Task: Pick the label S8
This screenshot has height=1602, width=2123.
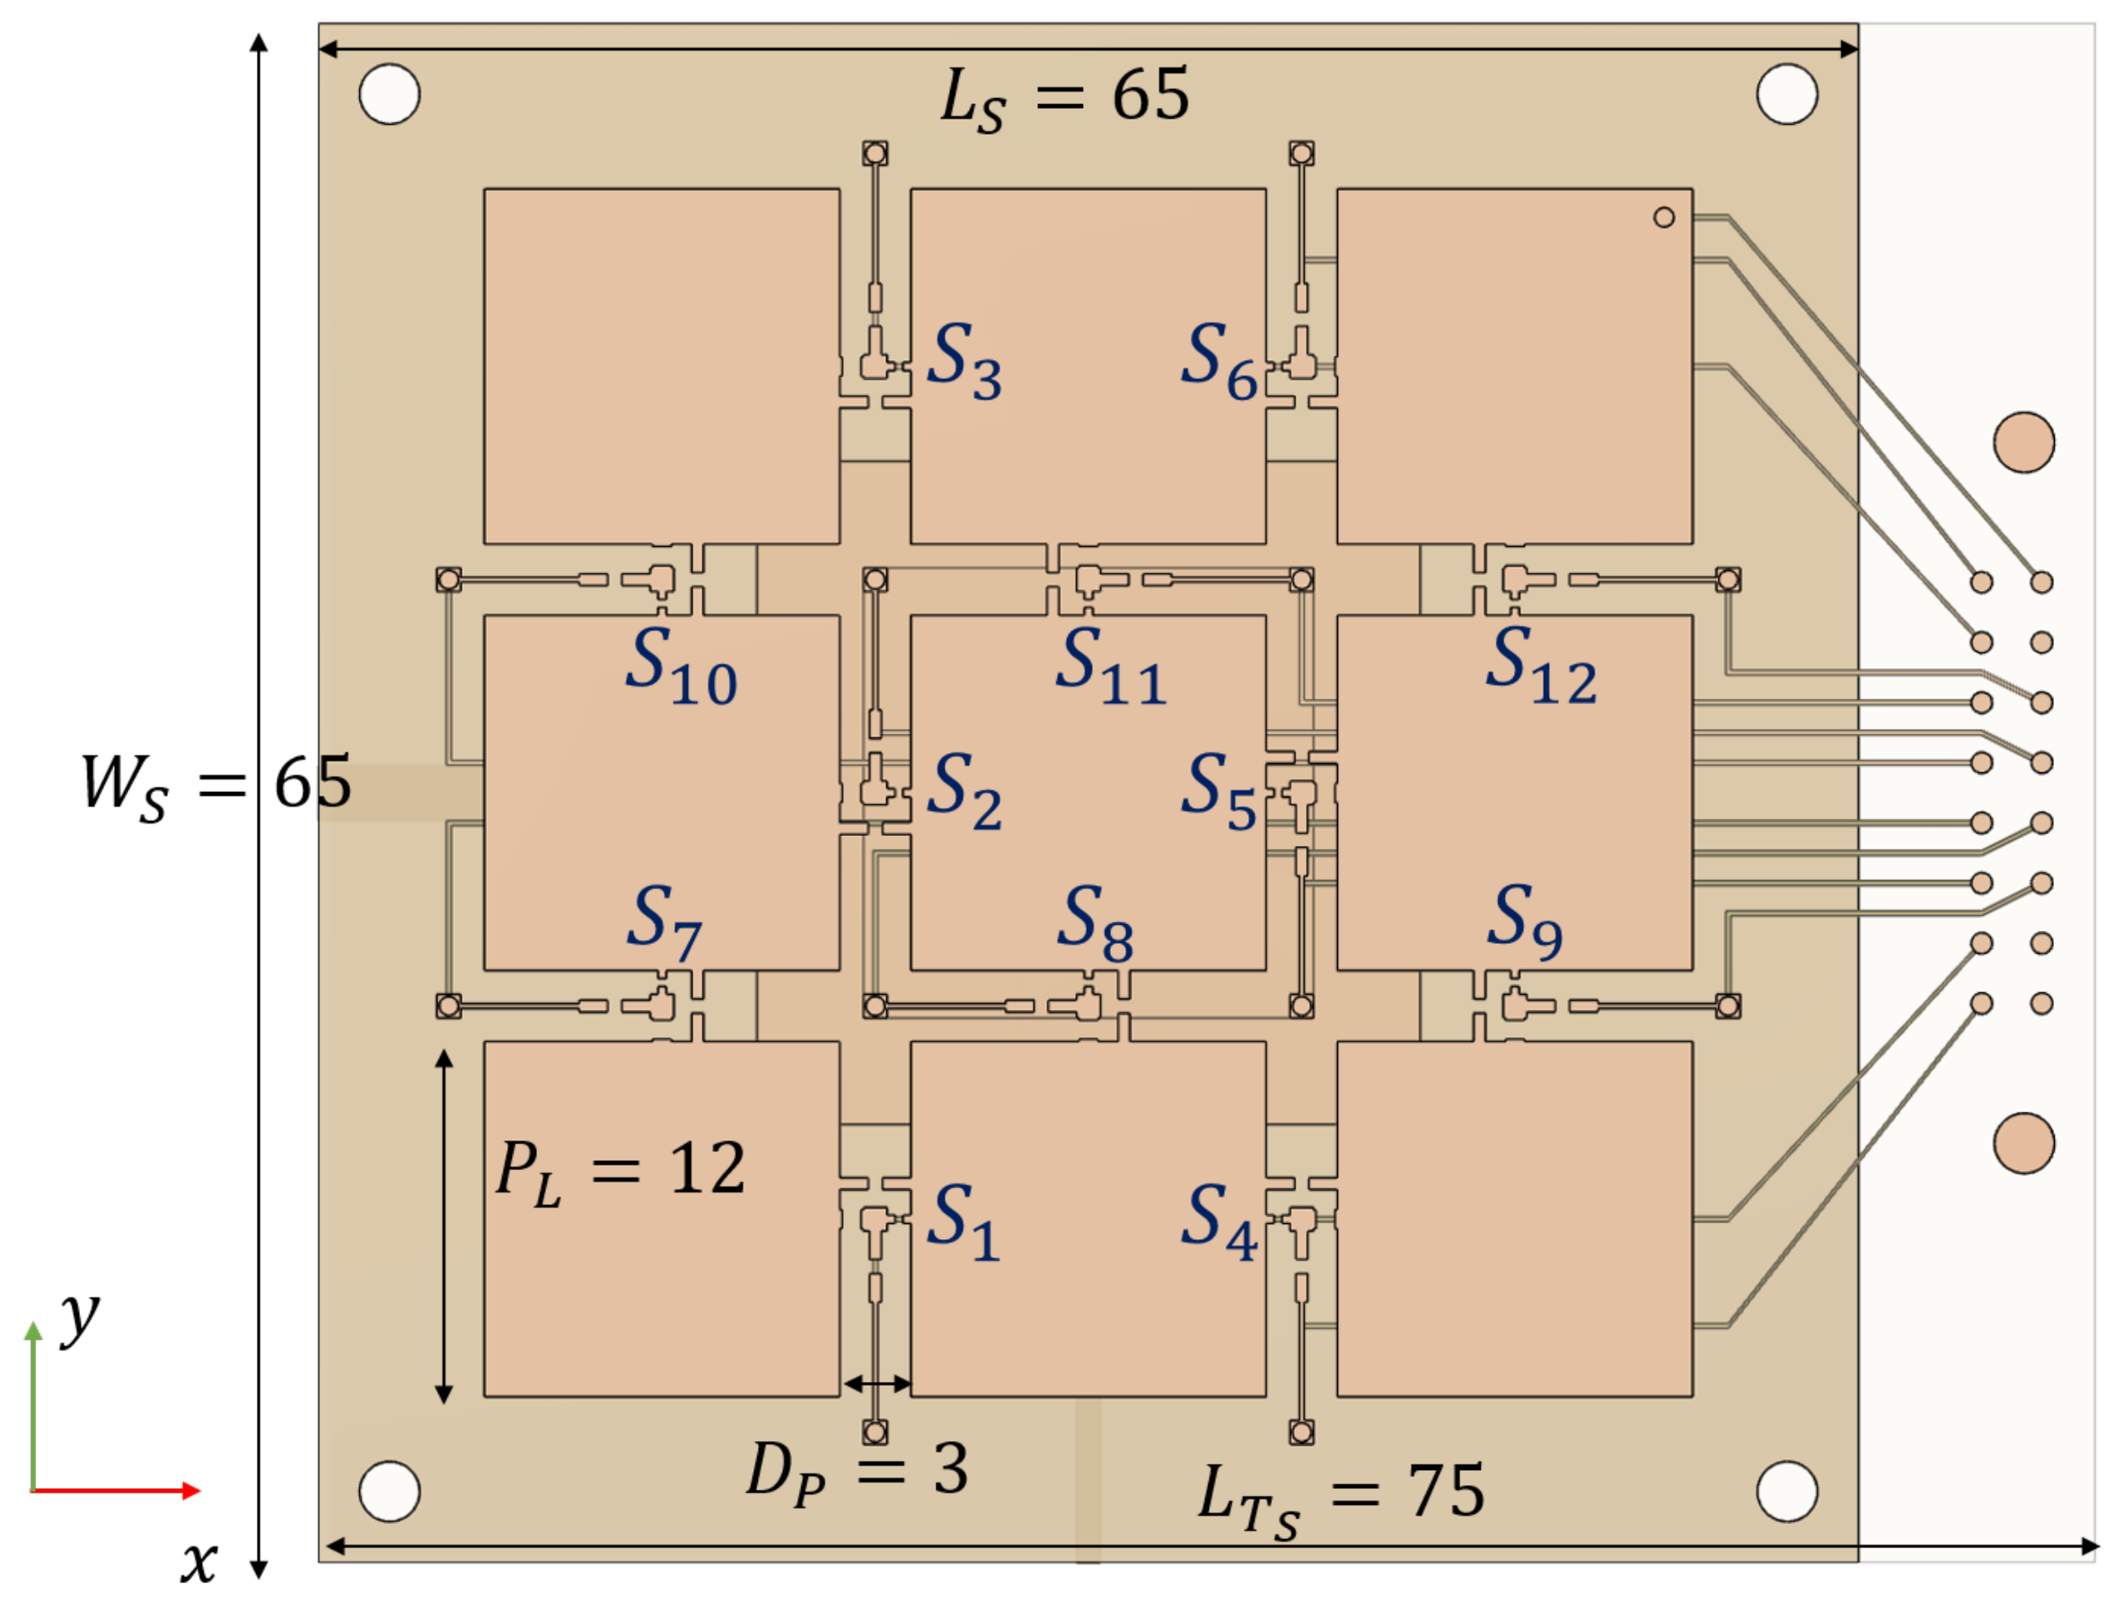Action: (1095, 923)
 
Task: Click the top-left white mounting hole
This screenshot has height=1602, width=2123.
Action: (390, 94)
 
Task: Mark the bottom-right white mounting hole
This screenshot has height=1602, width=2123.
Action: (1787, 1492)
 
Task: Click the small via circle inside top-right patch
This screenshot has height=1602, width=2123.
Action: (1664, 218)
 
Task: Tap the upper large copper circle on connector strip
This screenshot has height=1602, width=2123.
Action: (2024, 443)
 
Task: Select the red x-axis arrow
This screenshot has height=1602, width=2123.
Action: (115, 1491)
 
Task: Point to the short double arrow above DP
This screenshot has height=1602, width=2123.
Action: (877, 1384)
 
